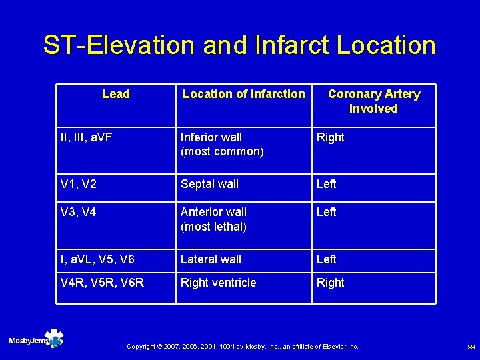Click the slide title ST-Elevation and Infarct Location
[x=239, y=45]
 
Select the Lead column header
[x=116, y=94]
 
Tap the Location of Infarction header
[x=243, y=94]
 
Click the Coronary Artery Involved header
[x=373, y=101]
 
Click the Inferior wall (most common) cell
[x=222, y=144]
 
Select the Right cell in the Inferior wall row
[x=330, y=137]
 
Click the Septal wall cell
[x=209, y=184]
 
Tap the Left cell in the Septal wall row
[x=326, y=184]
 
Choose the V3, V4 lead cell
[x=79, y=212]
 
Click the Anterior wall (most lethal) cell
[x=213, y=219]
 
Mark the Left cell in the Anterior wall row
[x=326, y=212]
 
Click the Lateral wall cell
[x=211, y=259]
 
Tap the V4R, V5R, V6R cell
[x=102, y=283]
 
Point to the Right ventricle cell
[x=218, y=283]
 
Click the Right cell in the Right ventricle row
[x=330, y=283]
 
